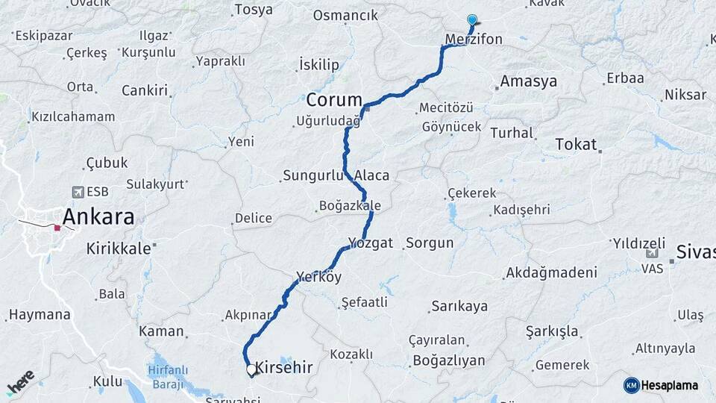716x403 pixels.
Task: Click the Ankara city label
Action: (98, 217)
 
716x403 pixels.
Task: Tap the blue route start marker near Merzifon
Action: (471, 20)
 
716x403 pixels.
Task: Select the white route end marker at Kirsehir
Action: (251, 369)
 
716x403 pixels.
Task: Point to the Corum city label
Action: (333, 99)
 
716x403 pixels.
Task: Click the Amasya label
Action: (529, 81)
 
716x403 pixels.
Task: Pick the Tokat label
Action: (576, 144)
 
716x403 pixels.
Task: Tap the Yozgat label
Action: (370, 243)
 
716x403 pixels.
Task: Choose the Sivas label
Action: (696, 252)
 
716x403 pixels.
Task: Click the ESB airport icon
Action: (78, 192)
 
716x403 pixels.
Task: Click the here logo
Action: (20, 382)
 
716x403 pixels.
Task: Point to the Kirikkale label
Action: (119, 248)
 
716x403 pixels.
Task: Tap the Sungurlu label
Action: (313, 176)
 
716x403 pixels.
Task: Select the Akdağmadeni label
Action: (551, 273)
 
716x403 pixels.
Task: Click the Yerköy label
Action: (318, 278)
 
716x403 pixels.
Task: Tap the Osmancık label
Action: (345, 15)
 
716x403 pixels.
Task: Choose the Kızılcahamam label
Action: (73, 116)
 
